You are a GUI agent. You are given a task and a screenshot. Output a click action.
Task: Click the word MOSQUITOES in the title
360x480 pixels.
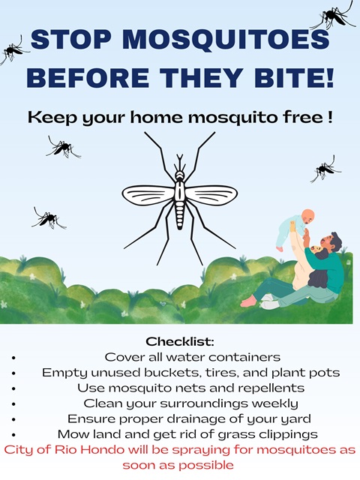tap(227, 40)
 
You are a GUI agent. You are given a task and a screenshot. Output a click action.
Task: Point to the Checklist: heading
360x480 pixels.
tap(180, 341)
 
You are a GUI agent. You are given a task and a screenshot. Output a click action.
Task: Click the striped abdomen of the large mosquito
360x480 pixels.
tap(180, 217)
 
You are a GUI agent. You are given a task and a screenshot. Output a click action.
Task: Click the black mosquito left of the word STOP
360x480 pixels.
tap(12, 50)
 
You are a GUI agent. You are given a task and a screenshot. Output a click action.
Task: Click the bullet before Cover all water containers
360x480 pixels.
tap(13, 358)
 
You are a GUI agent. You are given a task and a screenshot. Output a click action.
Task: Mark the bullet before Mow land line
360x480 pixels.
tap(13, 435)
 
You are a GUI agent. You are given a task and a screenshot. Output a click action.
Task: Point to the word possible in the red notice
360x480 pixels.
tap(207, 466)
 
